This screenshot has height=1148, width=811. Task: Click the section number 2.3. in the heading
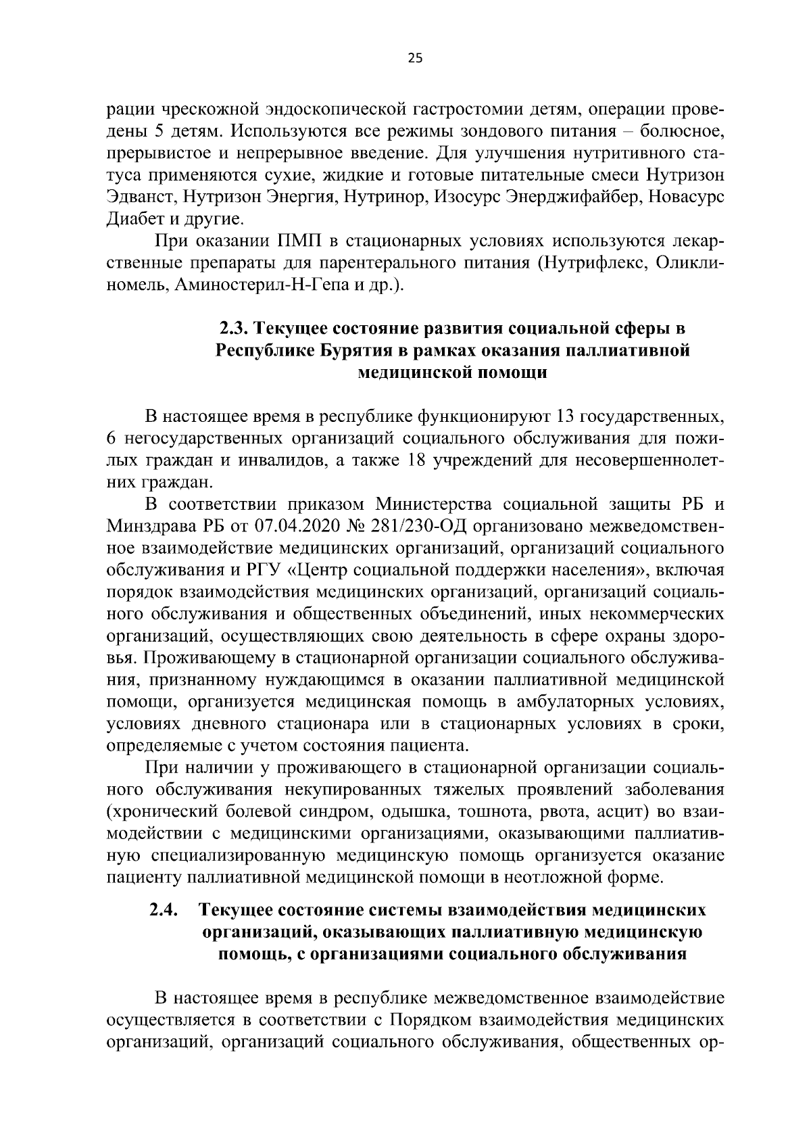(x=234, y=329)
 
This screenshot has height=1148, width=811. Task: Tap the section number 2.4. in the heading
(x=164, y=910)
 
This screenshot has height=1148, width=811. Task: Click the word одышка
(x=415, y=811)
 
